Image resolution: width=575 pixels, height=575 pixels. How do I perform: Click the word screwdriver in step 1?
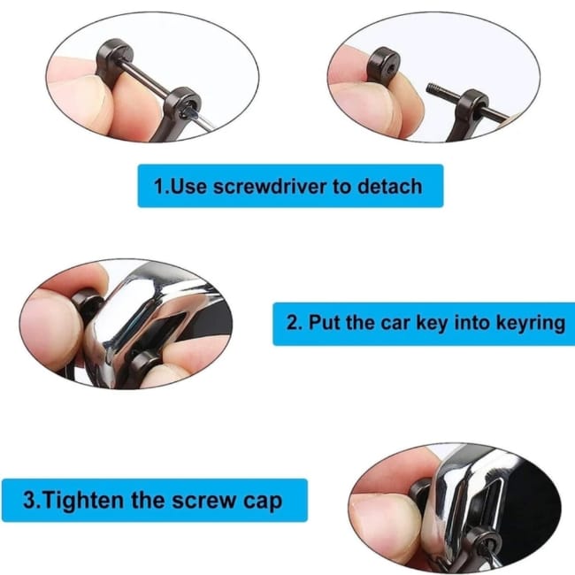tap(269, 186)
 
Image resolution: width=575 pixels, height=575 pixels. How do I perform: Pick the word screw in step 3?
tap(203, 501)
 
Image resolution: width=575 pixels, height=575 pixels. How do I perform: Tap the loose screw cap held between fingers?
tap(383, 65)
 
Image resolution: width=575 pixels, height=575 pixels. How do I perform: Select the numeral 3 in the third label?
tap(30, 500)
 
